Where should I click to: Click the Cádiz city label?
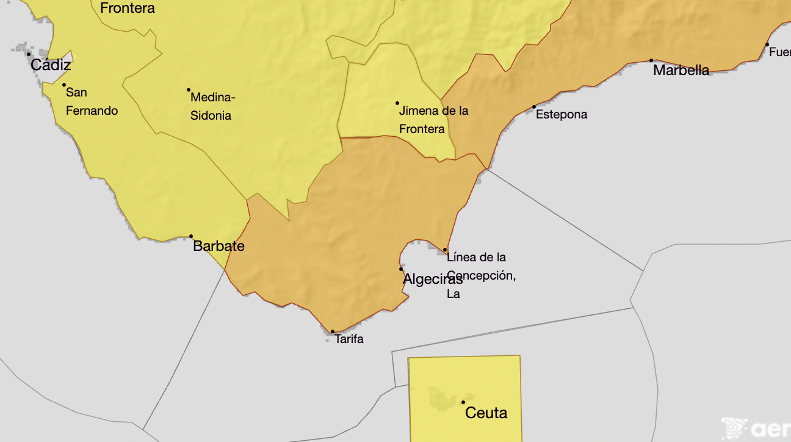[x=51, y=65]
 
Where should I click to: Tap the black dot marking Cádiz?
[x=29, y=54]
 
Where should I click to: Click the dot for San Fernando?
[x=64, y=85]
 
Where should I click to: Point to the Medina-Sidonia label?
[x=212, y=106]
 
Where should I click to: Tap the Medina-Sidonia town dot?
[x=189, y=90]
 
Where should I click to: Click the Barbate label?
[x=219, y=246]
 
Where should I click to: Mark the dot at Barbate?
[x=191, y=236]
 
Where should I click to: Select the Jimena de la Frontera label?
[x=433, y=120]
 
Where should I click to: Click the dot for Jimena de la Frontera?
[x=397, y=103]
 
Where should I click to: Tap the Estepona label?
[x=562, y=114]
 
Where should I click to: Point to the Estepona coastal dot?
[x=534, y=107]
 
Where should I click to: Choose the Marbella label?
[x=681, y=70]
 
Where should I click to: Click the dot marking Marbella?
[x=651, y=60]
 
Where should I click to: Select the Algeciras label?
[x=433, y=279]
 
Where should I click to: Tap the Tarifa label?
[x=349, y=339]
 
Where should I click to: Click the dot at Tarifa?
[x=333, y=331]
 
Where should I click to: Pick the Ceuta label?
[x=486, y=413]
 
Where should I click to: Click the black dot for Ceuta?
[x=463, y=402]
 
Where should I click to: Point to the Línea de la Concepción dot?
[x=446, y=250]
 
